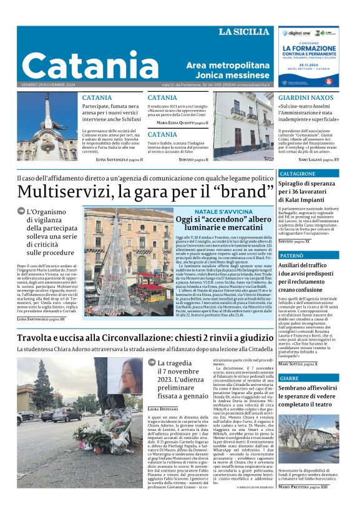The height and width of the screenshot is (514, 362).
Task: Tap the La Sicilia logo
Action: tap(245, 32)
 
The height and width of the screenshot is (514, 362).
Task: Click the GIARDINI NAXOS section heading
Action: tap(305, 98)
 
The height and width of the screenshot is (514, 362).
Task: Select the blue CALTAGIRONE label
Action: tap(297, 173)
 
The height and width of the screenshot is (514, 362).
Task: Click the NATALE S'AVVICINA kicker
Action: tap(223, 212)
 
